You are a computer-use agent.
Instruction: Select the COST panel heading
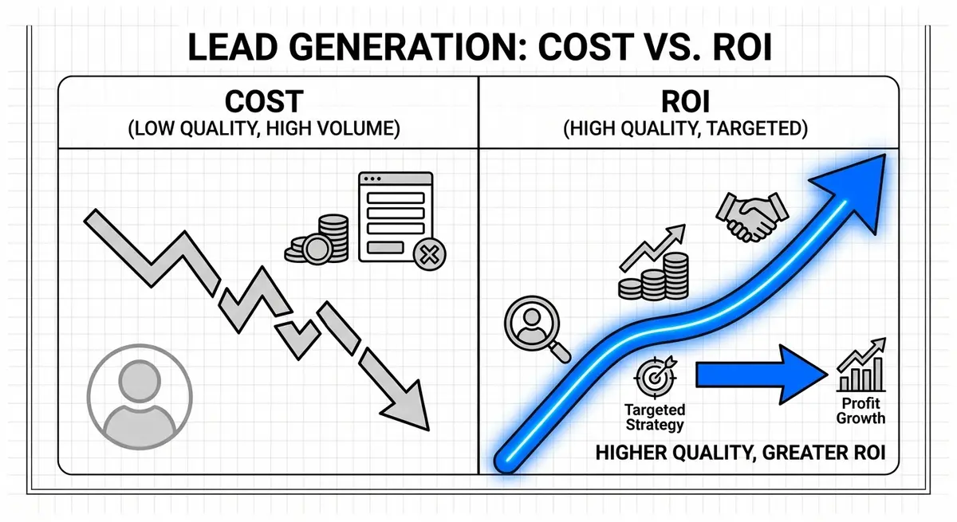pyautogui.click(x=264, y=101)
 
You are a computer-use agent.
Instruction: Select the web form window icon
pyautogui.click(x=395, y=215)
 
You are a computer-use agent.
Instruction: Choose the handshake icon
pyautogui.click(x=751, y=215)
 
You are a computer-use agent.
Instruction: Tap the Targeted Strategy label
pyautogui.click(x=655, y=417)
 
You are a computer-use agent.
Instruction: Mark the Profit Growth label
pyautogui.click(x=861, y=411)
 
